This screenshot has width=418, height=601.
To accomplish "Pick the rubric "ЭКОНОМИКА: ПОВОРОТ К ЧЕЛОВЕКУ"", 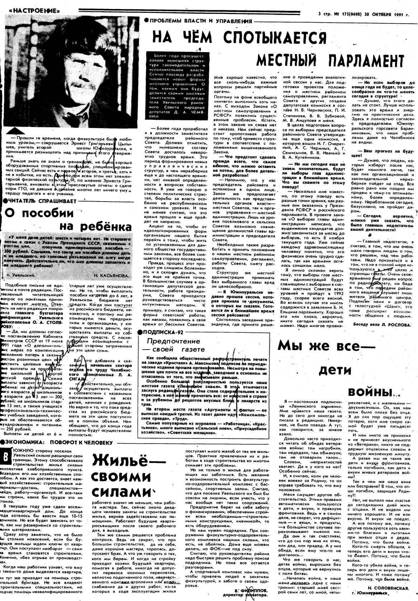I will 57,442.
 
